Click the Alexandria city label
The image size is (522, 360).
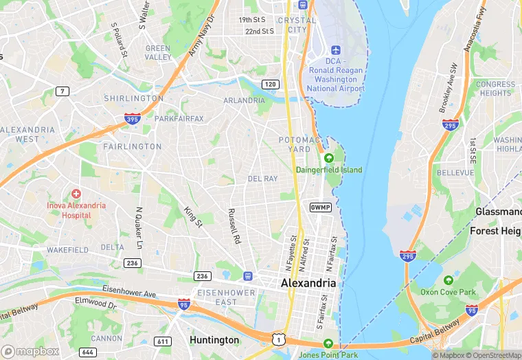click(308, 283)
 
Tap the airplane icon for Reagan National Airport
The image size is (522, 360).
click(336, 51)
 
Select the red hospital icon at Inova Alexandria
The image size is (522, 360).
click(76, 194)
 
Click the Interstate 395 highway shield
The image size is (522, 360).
click(133, 118)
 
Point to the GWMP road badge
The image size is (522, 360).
click(320, 207)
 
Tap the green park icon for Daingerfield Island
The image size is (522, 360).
click(328, 158)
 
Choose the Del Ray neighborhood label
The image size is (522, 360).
click(262, 179)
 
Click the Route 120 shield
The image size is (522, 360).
click(271, 84)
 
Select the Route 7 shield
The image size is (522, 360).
click(63, 91)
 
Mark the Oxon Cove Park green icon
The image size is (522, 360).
click(449, 280)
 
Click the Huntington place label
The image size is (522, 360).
click(214, 340)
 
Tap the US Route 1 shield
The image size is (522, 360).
click(278, 339)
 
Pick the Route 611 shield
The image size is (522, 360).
click(163, 341)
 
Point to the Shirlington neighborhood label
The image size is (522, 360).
click(134, 98)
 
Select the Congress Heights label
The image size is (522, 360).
click(495, 89)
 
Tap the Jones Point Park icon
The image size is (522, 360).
click(328, 344)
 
